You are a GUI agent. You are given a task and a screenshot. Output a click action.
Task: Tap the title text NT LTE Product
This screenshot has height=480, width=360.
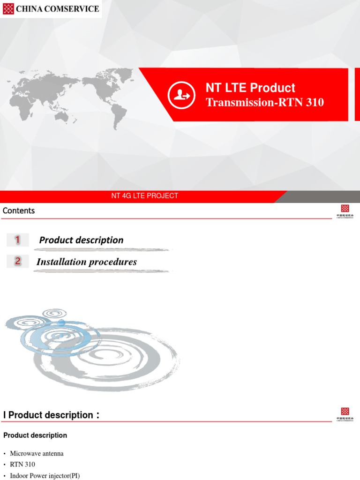point(250,88)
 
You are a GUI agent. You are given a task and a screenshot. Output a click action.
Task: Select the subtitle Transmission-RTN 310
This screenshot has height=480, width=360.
point(264,102)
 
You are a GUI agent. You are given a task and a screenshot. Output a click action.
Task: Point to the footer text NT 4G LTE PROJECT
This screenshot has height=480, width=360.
point(144,196)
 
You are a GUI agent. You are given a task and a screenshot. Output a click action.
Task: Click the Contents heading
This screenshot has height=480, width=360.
point(19,211)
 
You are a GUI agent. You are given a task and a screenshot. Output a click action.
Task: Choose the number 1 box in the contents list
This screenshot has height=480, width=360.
point(18,240)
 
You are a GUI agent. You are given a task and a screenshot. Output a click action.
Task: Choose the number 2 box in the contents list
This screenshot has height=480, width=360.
point(18,262)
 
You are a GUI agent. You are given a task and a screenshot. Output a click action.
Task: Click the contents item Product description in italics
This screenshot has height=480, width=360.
point(81,240)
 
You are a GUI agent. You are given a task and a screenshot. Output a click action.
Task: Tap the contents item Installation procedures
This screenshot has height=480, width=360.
point(87,262)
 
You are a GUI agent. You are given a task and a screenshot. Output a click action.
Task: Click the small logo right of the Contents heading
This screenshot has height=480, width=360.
point(345,211)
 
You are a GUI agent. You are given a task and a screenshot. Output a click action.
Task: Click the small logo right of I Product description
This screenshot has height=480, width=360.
point(345,414)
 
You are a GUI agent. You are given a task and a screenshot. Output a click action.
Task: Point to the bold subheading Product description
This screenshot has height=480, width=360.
point(35,435)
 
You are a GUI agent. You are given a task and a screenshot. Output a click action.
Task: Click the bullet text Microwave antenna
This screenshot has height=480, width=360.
point(37,454)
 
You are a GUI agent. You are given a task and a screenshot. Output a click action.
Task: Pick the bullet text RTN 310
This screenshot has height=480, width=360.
point(22,465)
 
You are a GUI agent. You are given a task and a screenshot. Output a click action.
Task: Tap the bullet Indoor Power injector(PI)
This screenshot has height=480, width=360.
point(45,475)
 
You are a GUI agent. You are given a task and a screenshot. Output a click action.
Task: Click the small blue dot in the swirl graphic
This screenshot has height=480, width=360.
point(61,322)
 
